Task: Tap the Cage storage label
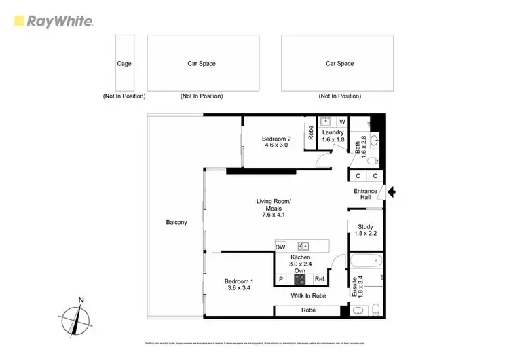(124, 64)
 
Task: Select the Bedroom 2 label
(276, 141)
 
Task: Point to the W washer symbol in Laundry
(342, 122)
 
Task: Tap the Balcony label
(176, 223)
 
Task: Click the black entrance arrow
(391, 194)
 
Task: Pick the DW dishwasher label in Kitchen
(281, 246)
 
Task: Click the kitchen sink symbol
(303, 245)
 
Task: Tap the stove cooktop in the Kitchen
(300, 278)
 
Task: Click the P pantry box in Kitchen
(280, 279)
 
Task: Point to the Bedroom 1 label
(239, 285)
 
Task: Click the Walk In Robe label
(309, 296)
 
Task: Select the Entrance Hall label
(365, 194)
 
